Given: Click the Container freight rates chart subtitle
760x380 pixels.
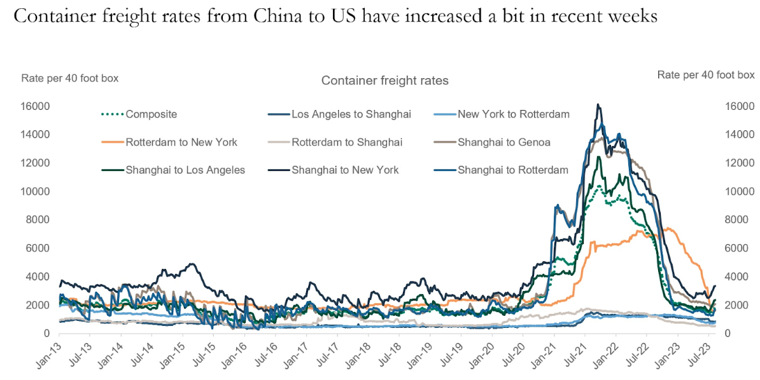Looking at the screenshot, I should [x=384, y=81].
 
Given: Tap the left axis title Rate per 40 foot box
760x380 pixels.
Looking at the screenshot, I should [x=70, y=78].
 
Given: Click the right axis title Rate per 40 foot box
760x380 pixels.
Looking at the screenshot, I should [x=705, y=75].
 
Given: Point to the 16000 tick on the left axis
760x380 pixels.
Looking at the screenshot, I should [x=37, y=106].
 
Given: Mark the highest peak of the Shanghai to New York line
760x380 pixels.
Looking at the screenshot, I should [x=598, y=104].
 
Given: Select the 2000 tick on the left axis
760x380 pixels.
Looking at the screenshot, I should [x=39, y=305].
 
